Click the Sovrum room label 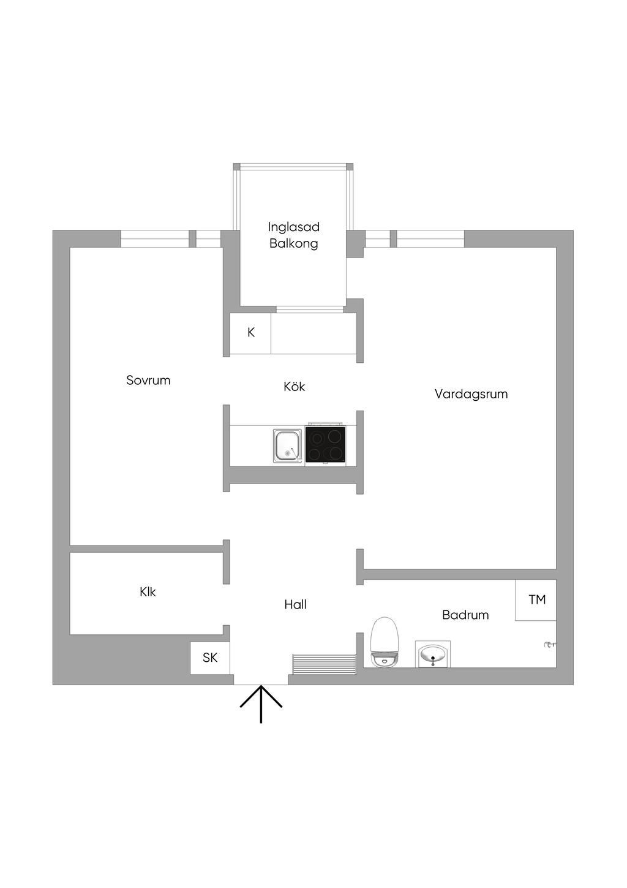click(x=148, y=381)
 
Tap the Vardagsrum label click(x=471, y=394)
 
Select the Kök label click(x=294, y=387)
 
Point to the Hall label click(x=295, y=605)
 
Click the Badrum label click(x=465, y=615)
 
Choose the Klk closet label click(x=148, y=592)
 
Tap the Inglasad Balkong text click(x=294, y=235)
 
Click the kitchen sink click(x=287, y=446)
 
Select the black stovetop click(x=325, y=445)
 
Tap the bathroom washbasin click(x=433, y=654)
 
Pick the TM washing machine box click(x=536, y=600)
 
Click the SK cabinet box click(x=210, y=658)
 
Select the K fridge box click(x=250, y=333)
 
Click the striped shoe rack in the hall click(x=325, y=664)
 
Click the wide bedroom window click(x=154, y=238)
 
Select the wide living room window click(x=430, y=238)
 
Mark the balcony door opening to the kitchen click(x=309, y=309)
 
